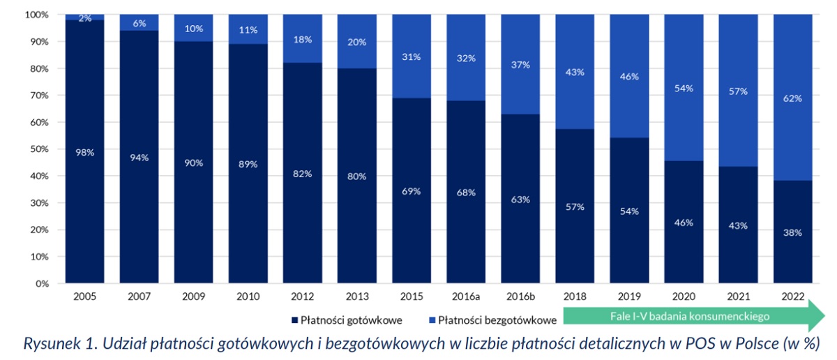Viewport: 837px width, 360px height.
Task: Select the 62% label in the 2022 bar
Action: coord(792,98)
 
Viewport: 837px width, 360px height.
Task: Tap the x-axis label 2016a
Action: coord(467,296)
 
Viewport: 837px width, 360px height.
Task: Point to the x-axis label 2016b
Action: coord(520,296)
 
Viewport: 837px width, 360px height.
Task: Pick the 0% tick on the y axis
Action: coord(41,284)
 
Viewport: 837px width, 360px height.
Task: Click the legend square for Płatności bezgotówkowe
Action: coord(431,321)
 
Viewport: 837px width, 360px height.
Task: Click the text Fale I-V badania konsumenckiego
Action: coord(690,316)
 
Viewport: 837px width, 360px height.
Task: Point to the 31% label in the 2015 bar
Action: coord(412,57)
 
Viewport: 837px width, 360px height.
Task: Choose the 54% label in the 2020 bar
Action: coord(684,88)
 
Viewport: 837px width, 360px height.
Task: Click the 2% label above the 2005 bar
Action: coord(85,18)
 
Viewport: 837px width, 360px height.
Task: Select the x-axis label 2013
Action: coord(358,296)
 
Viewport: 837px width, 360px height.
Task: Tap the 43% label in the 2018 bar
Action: coord(575,72)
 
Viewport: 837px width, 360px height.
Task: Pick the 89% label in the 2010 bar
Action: coord(248,164)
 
